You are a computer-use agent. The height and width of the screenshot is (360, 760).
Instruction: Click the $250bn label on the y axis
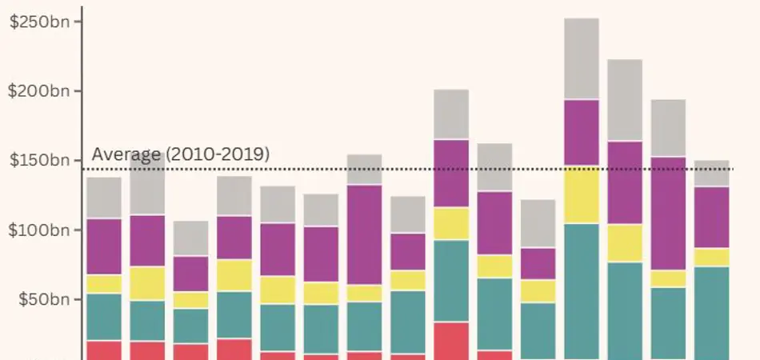pyautogui.click(x=40, y=22)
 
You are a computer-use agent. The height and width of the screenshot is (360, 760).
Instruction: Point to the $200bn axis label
pyautogui.click(x=40, y=91)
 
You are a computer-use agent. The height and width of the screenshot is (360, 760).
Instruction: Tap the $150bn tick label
pyautogui.click(x=40, y=161)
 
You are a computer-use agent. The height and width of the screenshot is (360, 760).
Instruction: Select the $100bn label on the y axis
pyautogui.click(x=40, y=230)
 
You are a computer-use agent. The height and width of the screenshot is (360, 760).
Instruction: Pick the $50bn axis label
pyautogui.click(x=43, y=300)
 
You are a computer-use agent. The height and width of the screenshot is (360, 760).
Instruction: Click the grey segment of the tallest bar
pyautogui.click(x=582, y=58)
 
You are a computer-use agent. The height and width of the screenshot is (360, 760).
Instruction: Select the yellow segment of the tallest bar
pyautogui.click(x=582, y=194)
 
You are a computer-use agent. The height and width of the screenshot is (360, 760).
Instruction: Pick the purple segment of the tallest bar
pyautogui.click(x=582, y=132)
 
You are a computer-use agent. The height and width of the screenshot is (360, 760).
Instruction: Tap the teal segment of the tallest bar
pyautogui.click(x=582, y=291)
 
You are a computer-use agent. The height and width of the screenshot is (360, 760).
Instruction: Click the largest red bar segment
pyautogui.click(x=451, y=340)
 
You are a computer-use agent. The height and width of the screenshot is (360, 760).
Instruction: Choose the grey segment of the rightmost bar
pyautogui.click(x=711, y=174)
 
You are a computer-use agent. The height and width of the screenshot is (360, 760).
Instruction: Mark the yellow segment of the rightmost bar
pyautogui.click(x=711, y=257)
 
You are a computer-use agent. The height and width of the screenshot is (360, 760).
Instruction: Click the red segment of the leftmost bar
pyautogui.click(x=103, y=350)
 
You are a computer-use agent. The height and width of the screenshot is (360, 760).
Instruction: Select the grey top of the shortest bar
pyautogui.click(x=190, y=238)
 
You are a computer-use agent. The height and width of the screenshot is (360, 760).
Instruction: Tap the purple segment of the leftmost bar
pyautogui.click(x=103, y=246)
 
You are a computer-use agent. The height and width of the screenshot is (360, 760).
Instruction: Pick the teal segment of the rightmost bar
pyautogui.click(x=711, y=312)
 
